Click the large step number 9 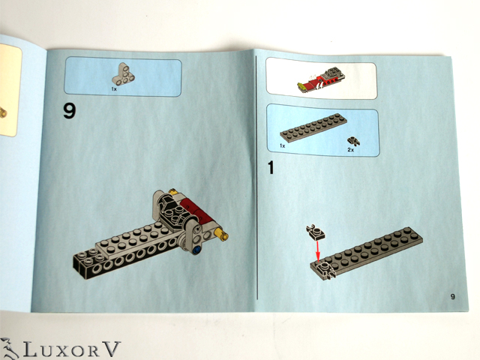click(x=70, y=110)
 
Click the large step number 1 click(x=271, y=167)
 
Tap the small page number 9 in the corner click(x=453, y=296)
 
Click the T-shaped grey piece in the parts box click(x=123, y=74)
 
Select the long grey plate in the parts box click(x=313, y=127)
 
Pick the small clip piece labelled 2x click(x=353, y=141)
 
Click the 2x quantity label click(x=351, y=150)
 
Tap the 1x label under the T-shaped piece click(x=114, y=89)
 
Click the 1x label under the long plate click(x=282, y=145)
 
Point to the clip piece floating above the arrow click(x=315, y=232)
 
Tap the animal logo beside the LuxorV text click(x=9, y=348)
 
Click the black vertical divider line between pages click(x=256, y=178)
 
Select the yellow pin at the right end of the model click(x=222, y=234)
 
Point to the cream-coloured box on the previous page click(x=10, y=90)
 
